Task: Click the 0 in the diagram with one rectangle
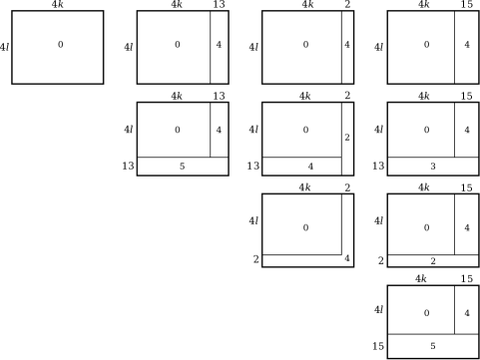60,45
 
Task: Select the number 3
432,167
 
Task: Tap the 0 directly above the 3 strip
426,130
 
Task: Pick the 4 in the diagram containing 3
467,130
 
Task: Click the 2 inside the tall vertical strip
347,138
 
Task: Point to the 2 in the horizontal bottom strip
432,261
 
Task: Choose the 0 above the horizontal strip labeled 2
426,227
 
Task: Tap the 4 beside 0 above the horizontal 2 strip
467,227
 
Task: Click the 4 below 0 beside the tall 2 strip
310,167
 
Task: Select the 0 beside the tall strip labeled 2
305,130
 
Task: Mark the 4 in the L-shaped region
347,259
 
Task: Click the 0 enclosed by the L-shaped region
305,227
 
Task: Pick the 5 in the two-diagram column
182,167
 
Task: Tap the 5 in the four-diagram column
432,346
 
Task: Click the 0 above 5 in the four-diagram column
426,313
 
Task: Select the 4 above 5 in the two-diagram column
219,130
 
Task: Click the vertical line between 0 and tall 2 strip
341,130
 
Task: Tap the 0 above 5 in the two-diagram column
178,130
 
